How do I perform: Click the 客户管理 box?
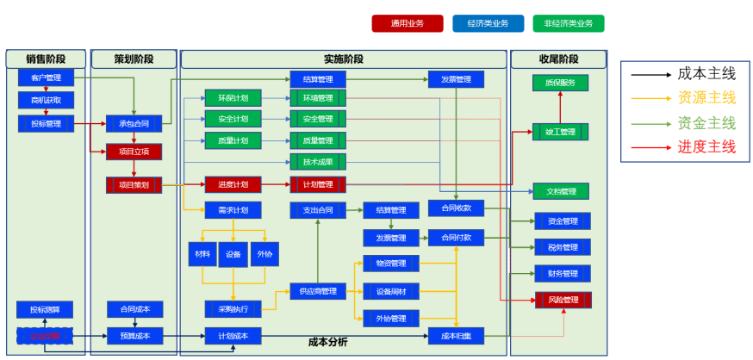(x=46, y=78)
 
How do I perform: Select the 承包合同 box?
(x=134, y=123)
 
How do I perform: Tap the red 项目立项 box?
(x=134, y=152)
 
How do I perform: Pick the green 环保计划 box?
(x=233, y=97)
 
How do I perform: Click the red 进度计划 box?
(x=233, y=184)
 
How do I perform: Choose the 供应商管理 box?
(x=318, y=291)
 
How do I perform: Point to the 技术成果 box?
(x=318, y=162)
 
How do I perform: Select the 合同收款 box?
(x=456, y=208)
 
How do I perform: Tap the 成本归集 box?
(x=456, y=336)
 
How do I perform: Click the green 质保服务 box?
(x=560, y=83)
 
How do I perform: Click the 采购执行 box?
(x=233, y=308)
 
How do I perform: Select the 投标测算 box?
(x=45, y=309)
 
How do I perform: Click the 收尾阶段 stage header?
(x=558, y=59)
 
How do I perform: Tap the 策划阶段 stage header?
(x=134, y=59)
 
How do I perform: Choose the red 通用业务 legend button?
(x=408, y=23)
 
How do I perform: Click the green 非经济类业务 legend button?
(x=569, y=23)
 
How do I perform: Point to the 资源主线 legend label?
(x=706, y=97)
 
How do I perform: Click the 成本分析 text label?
(x=328, y=342)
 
